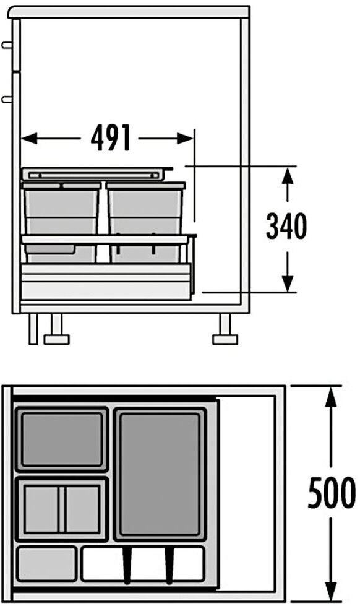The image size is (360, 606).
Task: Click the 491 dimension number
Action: [111, 138]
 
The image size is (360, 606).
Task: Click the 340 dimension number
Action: [286, 226]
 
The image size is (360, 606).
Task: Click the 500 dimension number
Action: [332, 492]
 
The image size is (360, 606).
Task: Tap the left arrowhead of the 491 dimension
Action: [29, 139]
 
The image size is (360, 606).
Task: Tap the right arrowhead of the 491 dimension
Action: [184, 139]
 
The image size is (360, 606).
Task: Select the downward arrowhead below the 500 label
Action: [331, 589]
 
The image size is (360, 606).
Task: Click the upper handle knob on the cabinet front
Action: [7, 45]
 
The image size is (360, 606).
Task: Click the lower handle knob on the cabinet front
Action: [7, 99]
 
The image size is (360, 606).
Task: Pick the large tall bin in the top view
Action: [160, 474]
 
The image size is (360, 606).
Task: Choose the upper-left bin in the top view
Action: [62, 439]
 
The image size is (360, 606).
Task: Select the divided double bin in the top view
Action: [62, 509]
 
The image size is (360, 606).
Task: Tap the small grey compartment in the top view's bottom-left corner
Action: [47, 563]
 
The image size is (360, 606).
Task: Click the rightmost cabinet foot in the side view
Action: [225, 329]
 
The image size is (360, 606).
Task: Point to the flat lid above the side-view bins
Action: [96, 174]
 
